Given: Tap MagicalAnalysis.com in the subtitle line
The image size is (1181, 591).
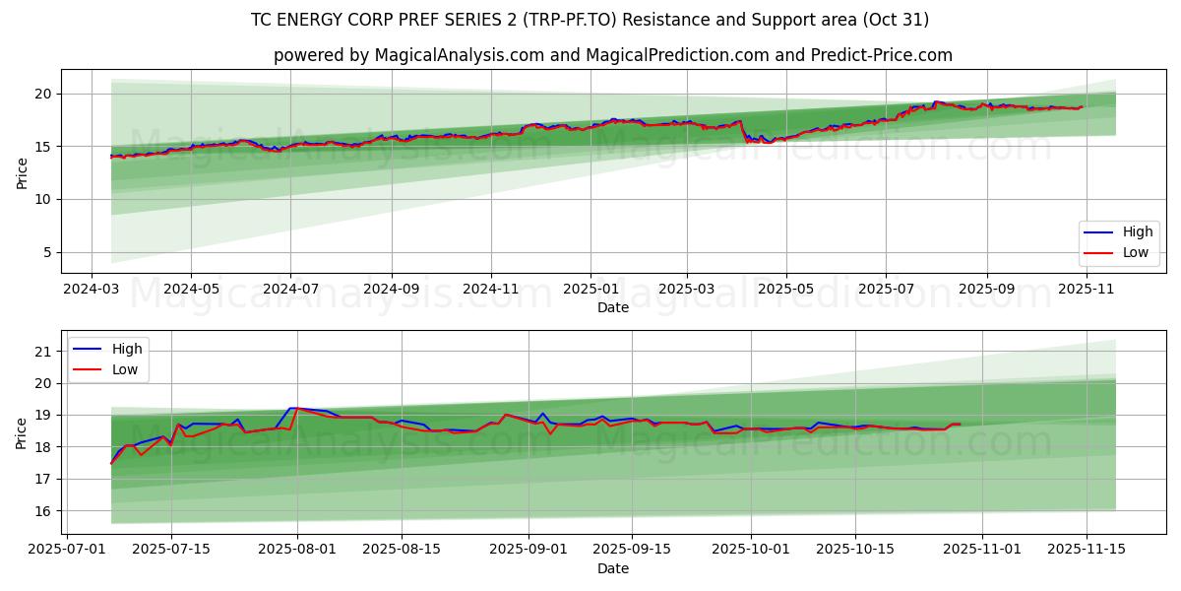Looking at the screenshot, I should tap(459, 55).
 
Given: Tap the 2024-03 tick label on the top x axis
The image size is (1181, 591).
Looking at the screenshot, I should tap(92, 290).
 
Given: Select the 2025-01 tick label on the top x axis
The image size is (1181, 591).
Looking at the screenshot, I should tap(590, 290).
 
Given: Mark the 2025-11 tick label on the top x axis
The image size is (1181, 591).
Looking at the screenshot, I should tap(1086, 290).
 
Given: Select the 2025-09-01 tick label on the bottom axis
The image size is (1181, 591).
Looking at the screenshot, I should tap(528, 550).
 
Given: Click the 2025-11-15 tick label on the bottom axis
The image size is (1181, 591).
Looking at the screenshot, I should tap(1086, 550).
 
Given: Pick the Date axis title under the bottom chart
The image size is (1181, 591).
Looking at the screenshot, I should tap(612, 568).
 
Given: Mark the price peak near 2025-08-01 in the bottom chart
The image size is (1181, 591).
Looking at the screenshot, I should tap(292, 408).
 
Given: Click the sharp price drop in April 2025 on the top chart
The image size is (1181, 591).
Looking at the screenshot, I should tap(744, 133).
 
